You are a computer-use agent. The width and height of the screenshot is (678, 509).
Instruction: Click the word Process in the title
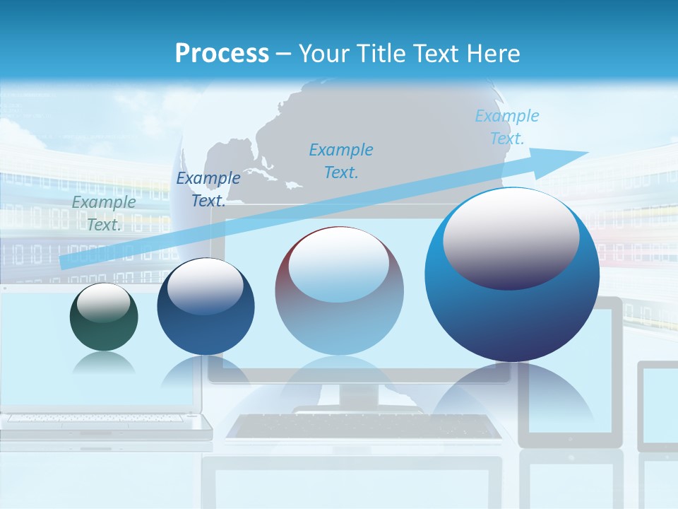[x=222, y=54]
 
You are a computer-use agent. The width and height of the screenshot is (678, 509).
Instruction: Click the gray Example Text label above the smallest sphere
[x=104, y=213]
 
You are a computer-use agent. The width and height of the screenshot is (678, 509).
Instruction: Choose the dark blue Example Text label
[x=208, y=189]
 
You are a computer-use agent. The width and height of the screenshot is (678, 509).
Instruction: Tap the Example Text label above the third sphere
[x=341, y=160]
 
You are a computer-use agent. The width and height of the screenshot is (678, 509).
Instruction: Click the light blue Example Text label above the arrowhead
[x=507, y=127]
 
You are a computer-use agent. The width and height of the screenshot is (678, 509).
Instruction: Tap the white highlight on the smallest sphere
[x=103, y=303]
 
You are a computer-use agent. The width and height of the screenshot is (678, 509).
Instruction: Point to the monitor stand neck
[x=359, y=396]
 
